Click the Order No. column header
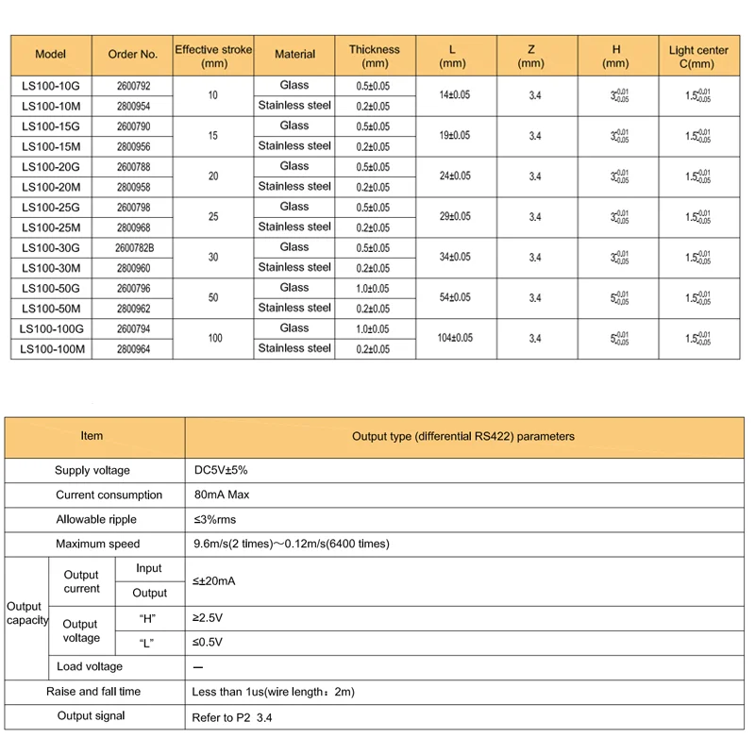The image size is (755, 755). point(133,55)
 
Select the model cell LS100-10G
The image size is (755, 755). point(51,85)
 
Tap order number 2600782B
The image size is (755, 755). point(133,247)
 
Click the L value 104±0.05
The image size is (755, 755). point(456,338)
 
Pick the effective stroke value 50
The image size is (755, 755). point(213,297)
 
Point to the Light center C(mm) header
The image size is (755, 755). point(699,56)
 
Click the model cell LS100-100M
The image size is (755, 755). point(53,349)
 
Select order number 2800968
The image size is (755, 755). point(133,227)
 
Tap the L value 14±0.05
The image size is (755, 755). point(456,95)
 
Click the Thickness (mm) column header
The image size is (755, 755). point(375,56)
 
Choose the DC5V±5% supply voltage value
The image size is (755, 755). point(221,470)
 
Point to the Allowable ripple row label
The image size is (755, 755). point(96,519)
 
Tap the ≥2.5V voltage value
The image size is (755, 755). point(210,617)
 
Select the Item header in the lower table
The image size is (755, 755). point(92,436)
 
